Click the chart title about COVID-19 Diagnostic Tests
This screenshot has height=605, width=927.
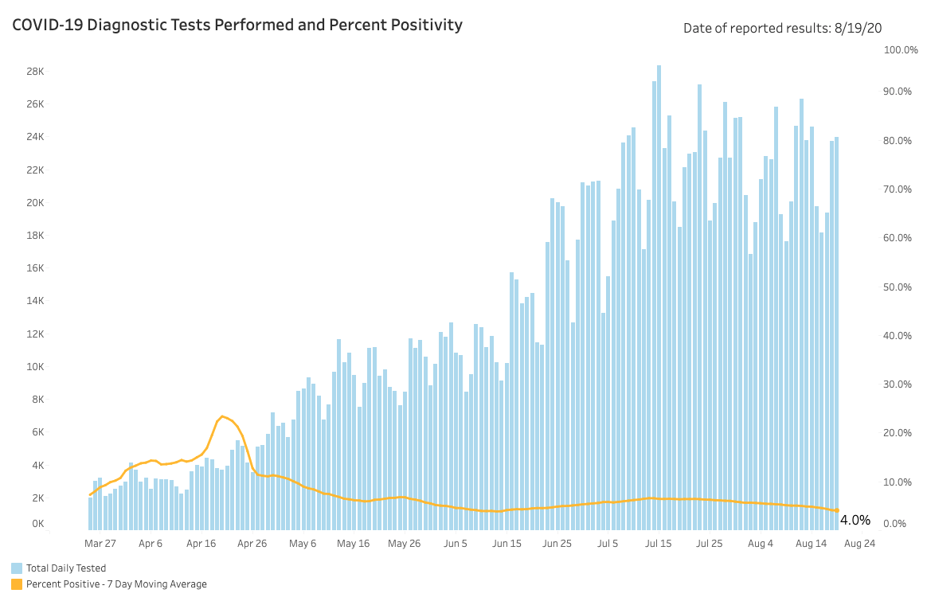(237, 25)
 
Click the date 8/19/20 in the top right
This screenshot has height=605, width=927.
(859, 29)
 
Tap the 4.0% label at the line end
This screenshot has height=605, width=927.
(855, 520)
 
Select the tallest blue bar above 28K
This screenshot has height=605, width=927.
(659, 295)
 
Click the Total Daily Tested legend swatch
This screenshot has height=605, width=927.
(17, 568)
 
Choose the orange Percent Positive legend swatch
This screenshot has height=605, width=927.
(17, 584)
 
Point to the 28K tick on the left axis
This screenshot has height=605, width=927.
(34, 71)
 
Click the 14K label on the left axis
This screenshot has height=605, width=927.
(34, 301)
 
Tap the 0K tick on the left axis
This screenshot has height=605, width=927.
(37, 524)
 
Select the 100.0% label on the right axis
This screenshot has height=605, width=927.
(902, 50)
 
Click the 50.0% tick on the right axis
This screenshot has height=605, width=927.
(904, 287)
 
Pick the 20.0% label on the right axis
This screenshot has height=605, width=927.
(904, 433)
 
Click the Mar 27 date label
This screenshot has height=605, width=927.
(100, 544)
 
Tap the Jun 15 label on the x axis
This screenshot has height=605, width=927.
(507, 544)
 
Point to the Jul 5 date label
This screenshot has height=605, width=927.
(608, 544)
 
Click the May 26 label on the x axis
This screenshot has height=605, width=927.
(404, 544)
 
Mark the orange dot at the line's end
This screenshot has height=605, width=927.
(836, 510)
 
